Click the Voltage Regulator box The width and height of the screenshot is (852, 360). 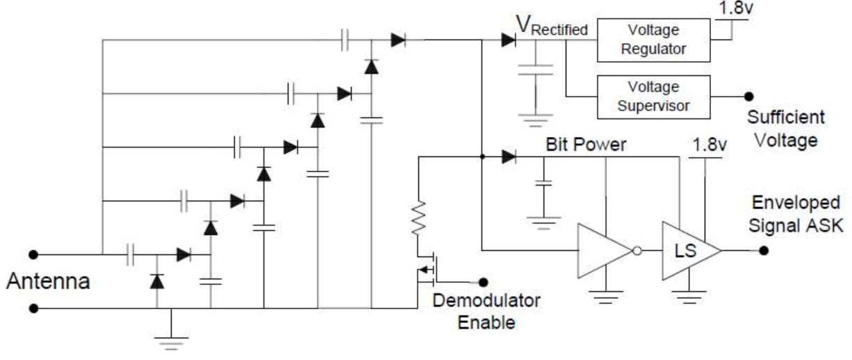pos(654,40)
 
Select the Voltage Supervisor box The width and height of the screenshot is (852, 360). pos(654,97)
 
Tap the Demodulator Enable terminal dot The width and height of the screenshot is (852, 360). pos(483,281)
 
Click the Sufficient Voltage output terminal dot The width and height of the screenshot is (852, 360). pos(749,97)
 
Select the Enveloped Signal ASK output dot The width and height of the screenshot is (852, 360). pos(764,250)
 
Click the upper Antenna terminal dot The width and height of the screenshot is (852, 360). pos(33,254)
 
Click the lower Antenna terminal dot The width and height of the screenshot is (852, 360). pos(33,307)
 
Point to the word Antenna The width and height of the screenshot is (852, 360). pos(48,281)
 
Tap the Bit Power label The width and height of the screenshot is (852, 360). pos(586,145)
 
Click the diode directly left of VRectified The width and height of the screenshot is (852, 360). pos(507,40)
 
